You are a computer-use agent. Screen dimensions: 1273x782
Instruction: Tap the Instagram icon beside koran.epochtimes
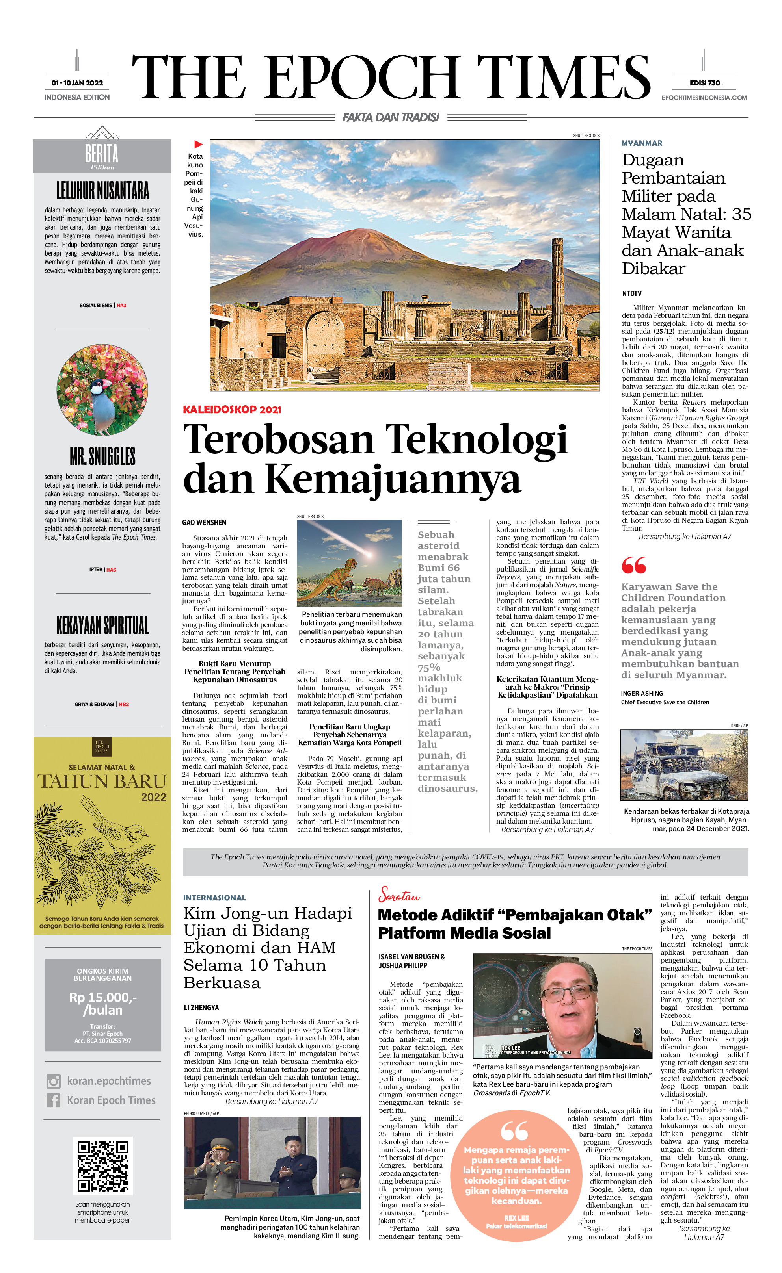[x=53, y=1081]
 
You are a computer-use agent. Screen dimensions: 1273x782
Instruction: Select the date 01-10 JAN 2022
[x=77, y=83]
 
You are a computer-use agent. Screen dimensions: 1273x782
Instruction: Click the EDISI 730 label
[x=704, y=83]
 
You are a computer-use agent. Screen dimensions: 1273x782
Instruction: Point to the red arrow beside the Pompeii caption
[x=198, y=144]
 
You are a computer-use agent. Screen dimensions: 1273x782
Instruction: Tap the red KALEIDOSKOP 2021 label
[x=232, y=410]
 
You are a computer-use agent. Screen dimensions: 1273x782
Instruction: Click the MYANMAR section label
[x=641, y=143]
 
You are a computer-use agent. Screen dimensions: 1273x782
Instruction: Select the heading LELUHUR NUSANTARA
[x=102, y=190]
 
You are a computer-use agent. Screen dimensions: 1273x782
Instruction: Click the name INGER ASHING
[x=641, y=693]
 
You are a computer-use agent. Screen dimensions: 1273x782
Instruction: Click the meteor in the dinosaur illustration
[x=368, y=553]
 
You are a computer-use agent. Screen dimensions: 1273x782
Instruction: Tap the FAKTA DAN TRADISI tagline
[x=391, y=118]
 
